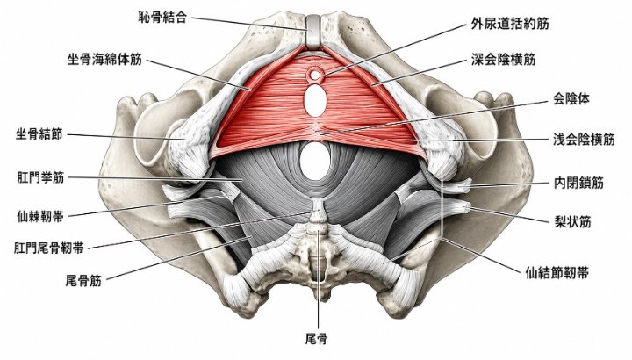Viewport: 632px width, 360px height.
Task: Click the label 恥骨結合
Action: coord(162,18)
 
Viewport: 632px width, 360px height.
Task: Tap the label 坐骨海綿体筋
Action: coord(104,60)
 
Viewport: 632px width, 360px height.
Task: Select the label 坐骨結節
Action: coord(39,133)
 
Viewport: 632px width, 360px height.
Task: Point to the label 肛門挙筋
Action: coord(40,177)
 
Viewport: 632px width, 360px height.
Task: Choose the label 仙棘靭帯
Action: coord(40,217)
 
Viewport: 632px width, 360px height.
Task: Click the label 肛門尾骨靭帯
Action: coord(49,248)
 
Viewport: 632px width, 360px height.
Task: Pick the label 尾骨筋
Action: coord(83,280)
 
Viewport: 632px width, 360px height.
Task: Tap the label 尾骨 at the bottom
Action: coord(316,339)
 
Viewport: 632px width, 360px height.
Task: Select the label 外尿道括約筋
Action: coord(510,24)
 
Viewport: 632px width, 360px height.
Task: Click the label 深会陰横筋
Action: coord(504,60)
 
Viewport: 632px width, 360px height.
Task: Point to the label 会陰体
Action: coord(571,98)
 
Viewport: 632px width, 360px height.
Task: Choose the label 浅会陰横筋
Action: coord(584,140)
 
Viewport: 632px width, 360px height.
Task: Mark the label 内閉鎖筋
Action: coord(578,183)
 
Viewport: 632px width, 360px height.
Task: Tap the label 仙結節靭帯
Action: coord(557,273)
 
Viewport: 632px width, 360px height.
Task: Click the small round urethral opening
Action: coord(315,74)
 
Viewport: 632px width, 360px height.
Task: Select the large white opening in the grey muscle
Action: coord(315,161)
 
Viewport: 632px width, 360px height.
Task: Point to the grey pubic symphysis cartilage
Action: coord(312,32)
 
